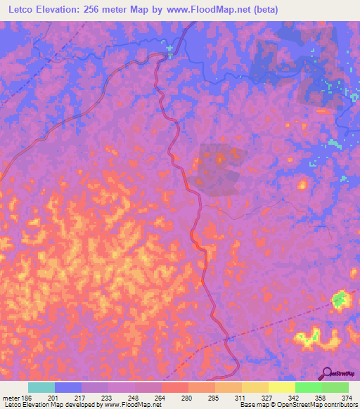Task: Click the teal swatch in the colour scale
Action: [41, 387]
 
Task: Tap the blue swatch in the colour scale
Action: [68, 387]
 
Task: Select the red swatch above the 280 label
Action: [175, 387]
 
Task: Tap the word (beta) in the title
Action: [266, 10]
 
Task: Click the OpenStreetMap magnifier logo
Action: [325, 373]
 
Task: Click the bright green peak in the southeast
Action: [340, 300]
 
